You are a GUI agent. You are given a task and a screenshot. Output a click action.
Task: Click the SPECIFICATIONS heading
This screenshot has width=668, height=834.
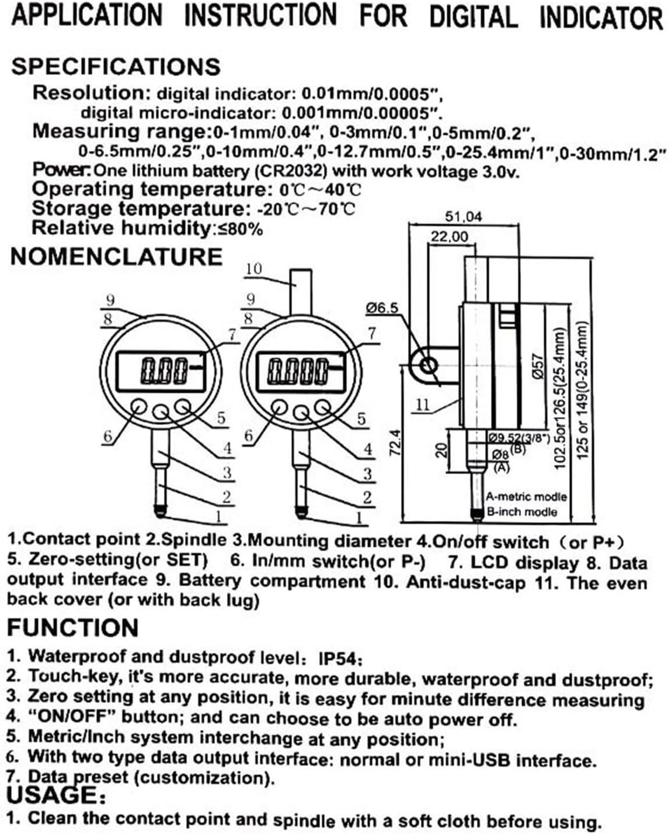116,66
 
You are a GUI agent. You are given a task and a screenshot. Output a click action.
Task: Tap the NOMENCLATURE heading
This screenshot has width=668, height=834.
116,257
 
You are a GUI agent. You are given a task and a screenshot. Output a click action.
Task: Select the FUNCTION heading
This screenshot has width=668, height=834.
72,628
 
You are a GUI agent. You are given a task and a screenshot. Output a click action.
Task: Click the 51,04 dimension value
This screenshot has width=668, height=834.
464,217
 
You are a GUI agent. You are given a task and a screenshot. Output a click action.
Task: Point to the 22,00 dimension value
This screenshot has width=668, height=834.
449,236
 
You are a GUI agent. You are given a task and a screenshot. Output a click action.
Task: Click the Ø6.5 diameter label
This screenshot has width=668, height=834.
382,308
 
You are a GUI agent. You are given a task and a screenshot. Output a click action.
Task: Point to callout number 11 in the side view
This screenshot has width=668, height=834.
423,404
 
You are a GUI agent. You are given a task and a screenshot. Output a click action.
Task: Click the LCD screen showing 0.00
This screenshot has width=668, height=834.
163,370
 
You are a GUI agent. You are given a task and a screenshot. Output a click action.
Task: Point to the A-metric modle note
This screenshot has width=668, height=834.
526,497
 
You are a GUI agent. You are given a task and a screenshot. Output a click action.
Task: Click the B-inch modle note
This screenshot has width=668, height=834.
522,512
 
